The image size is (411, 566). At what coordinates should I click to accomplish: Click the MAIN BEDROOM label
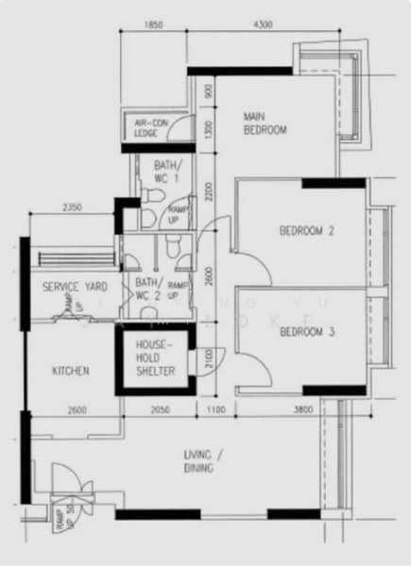264,124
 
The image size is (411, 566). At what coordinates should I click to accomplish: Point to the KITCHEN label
71,372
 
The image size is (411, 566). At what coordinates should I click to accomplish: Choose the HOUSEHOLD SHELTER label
157,358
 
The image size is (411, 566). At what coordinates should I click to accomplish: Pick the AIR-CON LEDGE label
149,129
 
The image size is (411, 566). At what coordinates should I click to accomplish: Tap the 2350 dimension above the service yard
73,207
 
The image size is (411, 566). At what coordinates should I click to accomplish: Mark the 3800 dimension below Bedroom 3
304,409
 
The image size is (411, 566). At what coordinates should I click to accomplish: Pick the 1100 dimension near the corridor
217,409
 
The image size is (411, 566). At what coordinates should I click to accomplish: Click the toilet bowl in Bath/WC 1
151,193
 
